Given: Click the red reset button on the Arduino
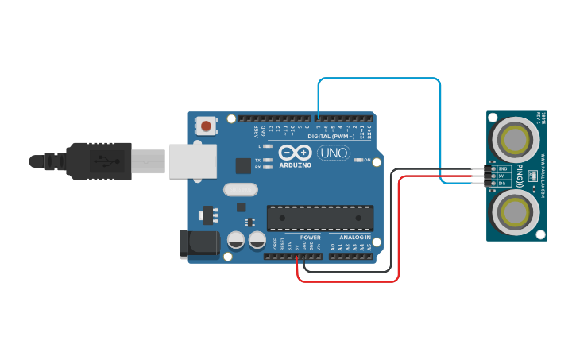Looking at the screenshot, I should point(207,126).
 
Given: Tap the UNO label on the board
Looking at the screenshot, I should point(334,153).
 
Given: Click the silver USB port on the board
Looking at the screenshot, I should point(191,161).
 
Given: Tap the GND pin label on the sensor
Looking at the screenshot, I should point(502,169).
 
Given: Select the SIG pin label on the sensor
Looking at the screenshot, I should point(502,183).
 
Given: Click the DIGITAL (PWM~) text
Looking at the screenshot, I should point(331,137).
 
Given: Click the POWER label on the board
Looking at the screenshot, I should point(311,237).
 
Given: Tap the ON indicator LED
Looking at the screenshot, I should point(357,161).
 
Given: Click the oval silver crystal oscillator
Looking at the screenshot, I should point(241,189).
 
